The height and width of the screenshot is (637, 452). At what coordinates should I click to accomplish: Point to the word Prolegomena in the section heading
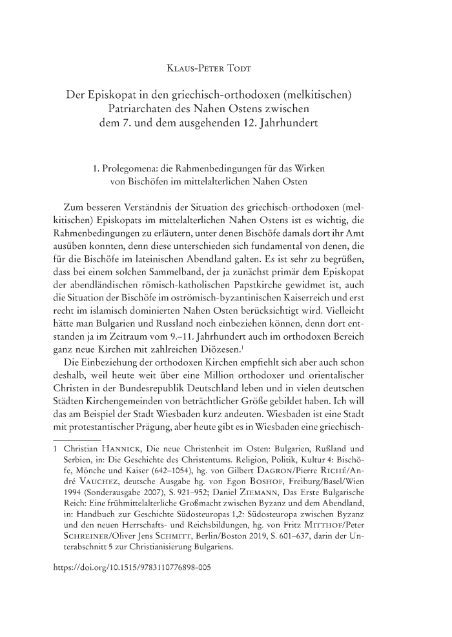[x=134, y=170]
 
